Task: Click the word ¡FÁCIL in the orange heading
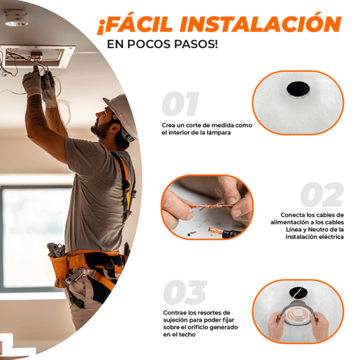pyautogui.click(x=135, y=24)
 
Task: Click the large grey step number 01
pyautogui.click(x=180, y=104)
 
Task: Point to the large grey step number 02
pyautogui.click(x=322, y=194)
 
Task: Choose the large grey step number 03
pyautogui.click(x=185, y=293)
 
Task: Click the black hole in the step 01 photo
pyautogui.click(x=298, y=89)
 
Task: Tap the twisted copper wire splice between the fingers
pyautogui.click(x=211, y=206)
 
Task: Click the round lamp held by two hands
pyautogui.click(x=298, y=313)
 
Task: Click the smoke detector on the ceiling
pyautogui.click(x=16, y=17)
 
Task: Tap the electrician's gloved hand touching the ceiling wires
pyautogui.click(x=33, y=80)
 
